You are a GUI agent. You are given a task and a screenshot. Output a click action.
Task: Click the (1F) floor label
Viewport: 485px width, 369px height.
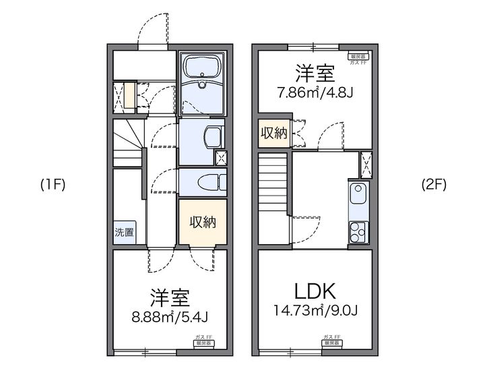(x=52, y=185)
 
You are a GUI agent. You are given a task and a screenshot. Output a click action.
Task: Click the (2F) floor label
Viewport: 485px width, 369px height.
(x=433, y=184)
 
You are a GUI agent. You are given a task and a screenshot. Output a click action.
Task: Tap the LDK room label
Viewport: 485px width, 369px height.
(x=314, y=291)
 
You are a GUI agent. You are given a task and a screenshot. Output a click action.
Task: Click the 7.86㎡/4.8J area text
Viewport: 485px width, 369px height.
(x=315, y=93)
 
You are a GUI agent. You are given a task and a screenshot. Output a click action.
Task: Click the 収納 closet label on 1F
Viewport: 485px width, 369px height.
(x=202, y=221)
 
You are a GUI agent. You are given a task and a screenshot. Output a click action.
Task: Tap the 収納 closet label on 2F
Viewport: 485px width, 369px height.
(x=274, y=133)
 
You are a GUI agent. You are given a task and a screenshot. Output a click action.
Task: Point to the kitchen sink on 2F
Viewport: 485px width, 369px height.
(x=358, y=195)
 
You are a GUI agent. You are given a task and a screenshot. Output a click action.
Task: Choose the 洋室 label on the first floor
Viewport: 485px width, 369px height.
(x=169, y=296)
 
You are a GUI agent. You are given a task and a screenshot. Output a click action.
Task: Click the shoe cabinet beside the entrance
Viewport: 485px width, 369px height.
(x=125, y=96)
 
